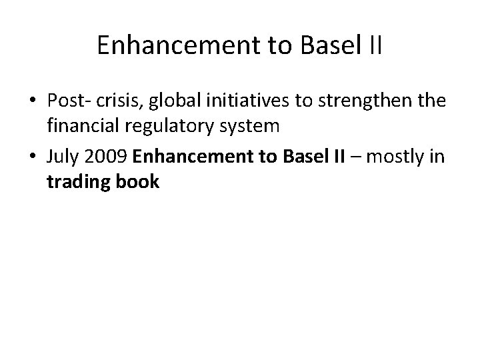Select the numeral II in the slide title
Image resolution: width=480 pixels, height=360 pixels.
[374, 45]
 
